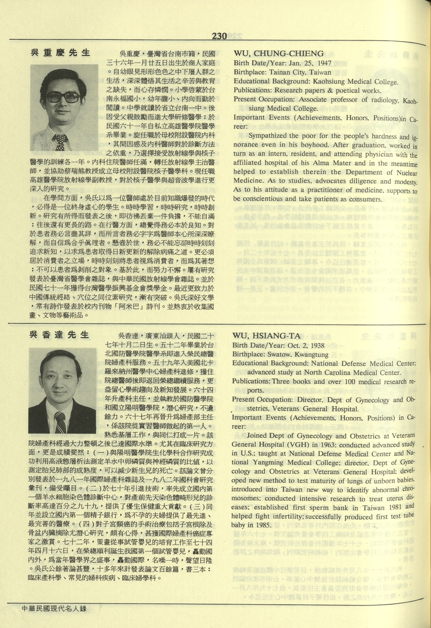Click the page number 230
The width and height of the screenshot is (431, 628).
219,36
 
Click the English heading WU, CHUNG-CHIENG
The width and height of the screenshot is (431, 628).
278,54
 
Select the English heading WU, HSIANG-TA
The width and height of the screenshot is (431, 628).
266,336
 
